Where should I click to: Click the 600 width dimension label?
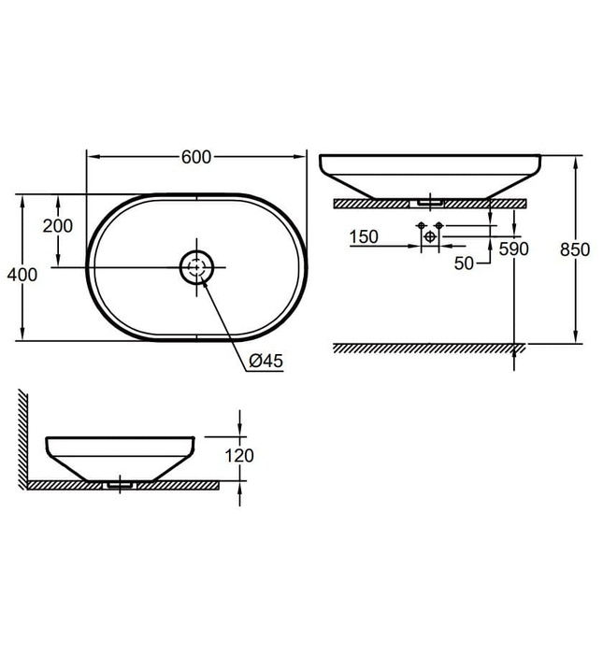click(x=195, y=157)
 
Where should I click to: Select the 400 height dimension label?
click(x=20, y=275)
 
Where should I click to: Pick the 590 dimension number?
click(x=514, y=249)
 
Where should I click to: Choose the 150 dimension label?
click(x=363, y=237)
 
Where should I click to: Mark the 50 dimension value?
click(x=465, y=264)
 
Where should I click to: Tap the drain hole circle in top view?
click(x=197, y=268)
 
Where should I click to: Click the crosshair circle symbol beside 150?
click(x=429, y=237)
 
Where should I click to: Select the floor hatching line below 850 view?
click(x=429, y=348)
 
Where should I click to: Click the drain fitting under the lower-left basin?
click(x=122, y=484)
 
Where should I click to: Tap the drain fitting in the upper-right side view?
click(x=430, y=199)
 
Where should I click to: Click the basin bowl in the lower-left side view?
click(x=120, y=455)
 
